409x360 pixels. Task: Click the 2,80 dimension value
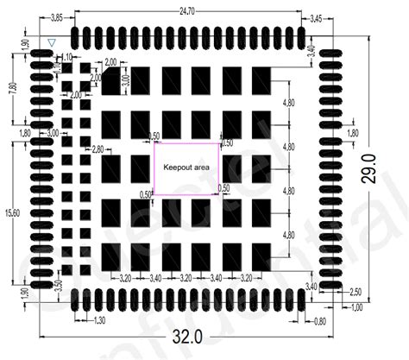(97, 149)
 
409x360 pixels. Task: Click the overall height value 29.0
(371, 171)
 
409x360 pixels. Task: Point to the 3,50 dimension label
(59, 287)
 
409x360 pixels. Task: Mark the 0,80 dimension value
(320, 321)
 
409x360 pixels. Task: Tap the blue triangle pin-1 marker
(53, 42)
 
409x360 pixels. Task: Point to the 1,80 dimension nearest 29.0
(352, 133)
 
